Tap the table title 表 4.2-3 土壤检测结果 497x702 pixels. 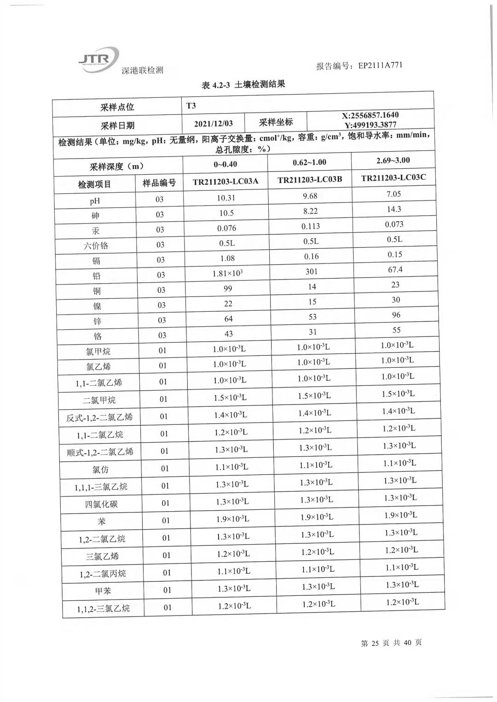click(243, 85)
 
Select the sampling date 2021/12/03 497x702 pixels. click(214, 123)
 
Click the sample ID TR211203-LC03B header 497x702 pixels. click(310, 179)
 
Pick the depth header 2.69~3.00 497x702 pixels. click(393, 160)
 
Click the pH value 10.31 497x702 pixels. click(226, 198)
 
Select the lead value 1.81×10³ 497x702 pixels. click(227, 274)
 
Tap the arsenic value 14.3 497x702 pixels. click(394, 209)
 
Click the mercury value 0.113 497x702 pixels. click(311, 226)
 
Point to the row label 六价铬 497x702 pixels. click(96, 245)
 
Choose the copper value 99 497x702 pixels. click(228, 289)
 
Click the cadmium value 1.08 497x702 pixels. click(227, 258)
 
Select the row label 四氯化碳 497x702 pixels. click(101, 504)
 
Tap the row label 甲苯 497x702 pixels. click(103, 591)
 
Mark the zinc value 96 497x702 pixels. click(396, 315)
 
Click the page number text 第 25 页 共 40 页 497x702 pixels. click(391, 643)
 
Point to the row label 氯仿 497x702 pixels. click(100, 469)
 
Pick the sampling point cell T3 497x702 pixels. click(191, 106)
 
